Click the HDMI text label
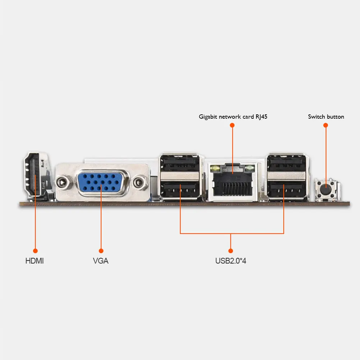point(35,261)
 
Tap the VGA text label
point(101,261)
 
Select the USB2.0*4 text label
point(231,261)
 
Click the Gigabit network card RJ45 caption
point(233,117)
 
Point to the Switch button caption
point(326,117)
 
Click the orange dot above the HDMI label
point(35,250)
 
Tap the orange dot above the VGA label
point(101,250)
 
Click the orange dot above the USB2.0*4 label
point(231,250)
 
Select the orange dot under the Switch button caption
point(326,125)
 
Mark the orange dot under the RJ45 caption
point(232,125)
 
